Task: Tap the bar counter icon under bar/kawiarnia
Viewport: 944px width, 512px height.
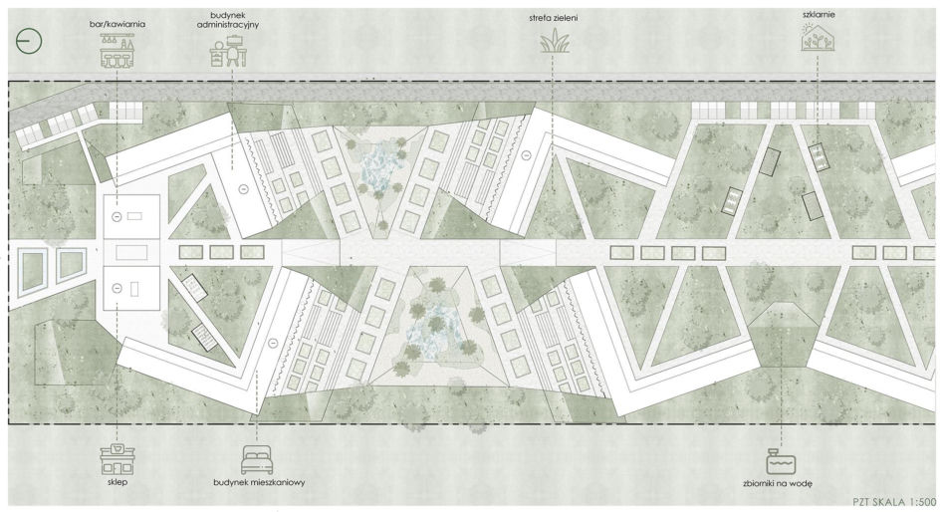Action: coord(118,51)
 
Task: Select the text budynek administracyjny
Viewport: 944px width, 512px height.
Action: coord(228,19)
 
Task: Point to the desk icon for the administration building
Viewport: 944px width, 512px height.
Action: coord(229,51)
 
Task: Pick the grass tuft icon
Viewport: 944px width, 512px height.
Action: coord(554,41)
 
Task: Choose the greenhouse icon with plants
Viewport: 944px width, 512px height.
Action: coord(819,38)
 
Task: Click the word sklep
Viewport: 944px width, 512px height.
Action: coord(118,482)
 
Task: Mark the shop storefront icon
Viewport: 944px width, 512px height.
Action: coord(118,459)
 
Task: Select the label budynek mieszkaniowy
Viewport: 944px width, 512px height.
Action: coord(259,482)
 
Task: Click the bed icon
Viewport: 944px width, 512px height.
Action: coord(257,460)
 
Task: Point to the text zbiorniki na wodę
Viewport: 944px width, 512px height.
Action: coord(779,483)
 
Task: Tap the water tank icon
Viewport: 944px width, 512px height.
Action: coord(781,461)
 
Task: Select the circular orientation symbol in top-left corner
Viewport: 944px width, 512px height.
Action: coord(29,42)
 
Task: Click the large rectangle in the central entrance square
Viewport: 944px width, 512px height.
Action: coord(131,252)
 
